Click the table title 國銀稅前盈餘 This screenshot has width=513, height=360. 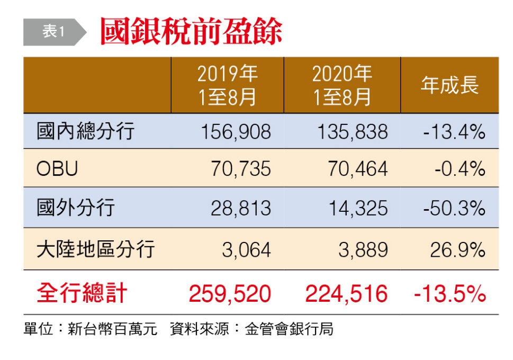coord(191,32)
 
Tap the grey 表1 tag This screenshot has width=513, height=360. coord(53,32)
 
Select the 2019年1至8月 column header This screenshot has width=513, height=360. coord(228,85)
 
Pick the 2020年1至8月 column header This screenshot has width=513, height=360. coord(342,85)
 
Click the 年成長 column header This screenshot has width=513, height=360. coord(449,85)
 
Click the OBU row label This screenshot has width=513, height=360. coord(58,169)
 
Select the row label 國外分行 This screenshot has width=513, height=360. coord(75,208)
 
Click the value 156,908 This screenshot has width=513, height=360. coord(236,131)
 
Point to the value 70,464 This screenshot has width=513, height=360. coord(359,169)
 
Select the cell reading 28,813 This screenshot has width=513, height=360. coord(241,208)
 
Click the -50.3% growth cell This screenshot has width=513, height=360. coord(454,208)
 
